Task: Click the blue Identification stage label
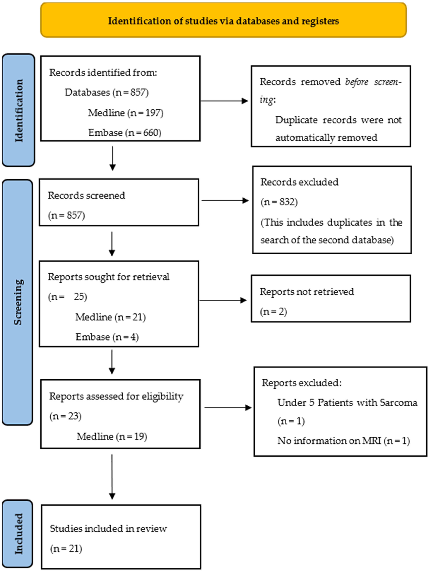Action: pos(19,110)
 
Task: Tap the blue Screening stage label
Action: pos(18,302)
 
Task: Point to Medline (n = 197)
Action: pos(126,113)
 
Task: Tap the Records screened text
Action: pos(86,195)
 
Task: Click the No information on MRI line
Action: pos(343,441)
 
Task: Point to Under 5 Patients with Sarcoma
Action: pos(347,403)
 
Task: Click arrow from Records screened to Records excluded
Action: pos(225,200)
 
